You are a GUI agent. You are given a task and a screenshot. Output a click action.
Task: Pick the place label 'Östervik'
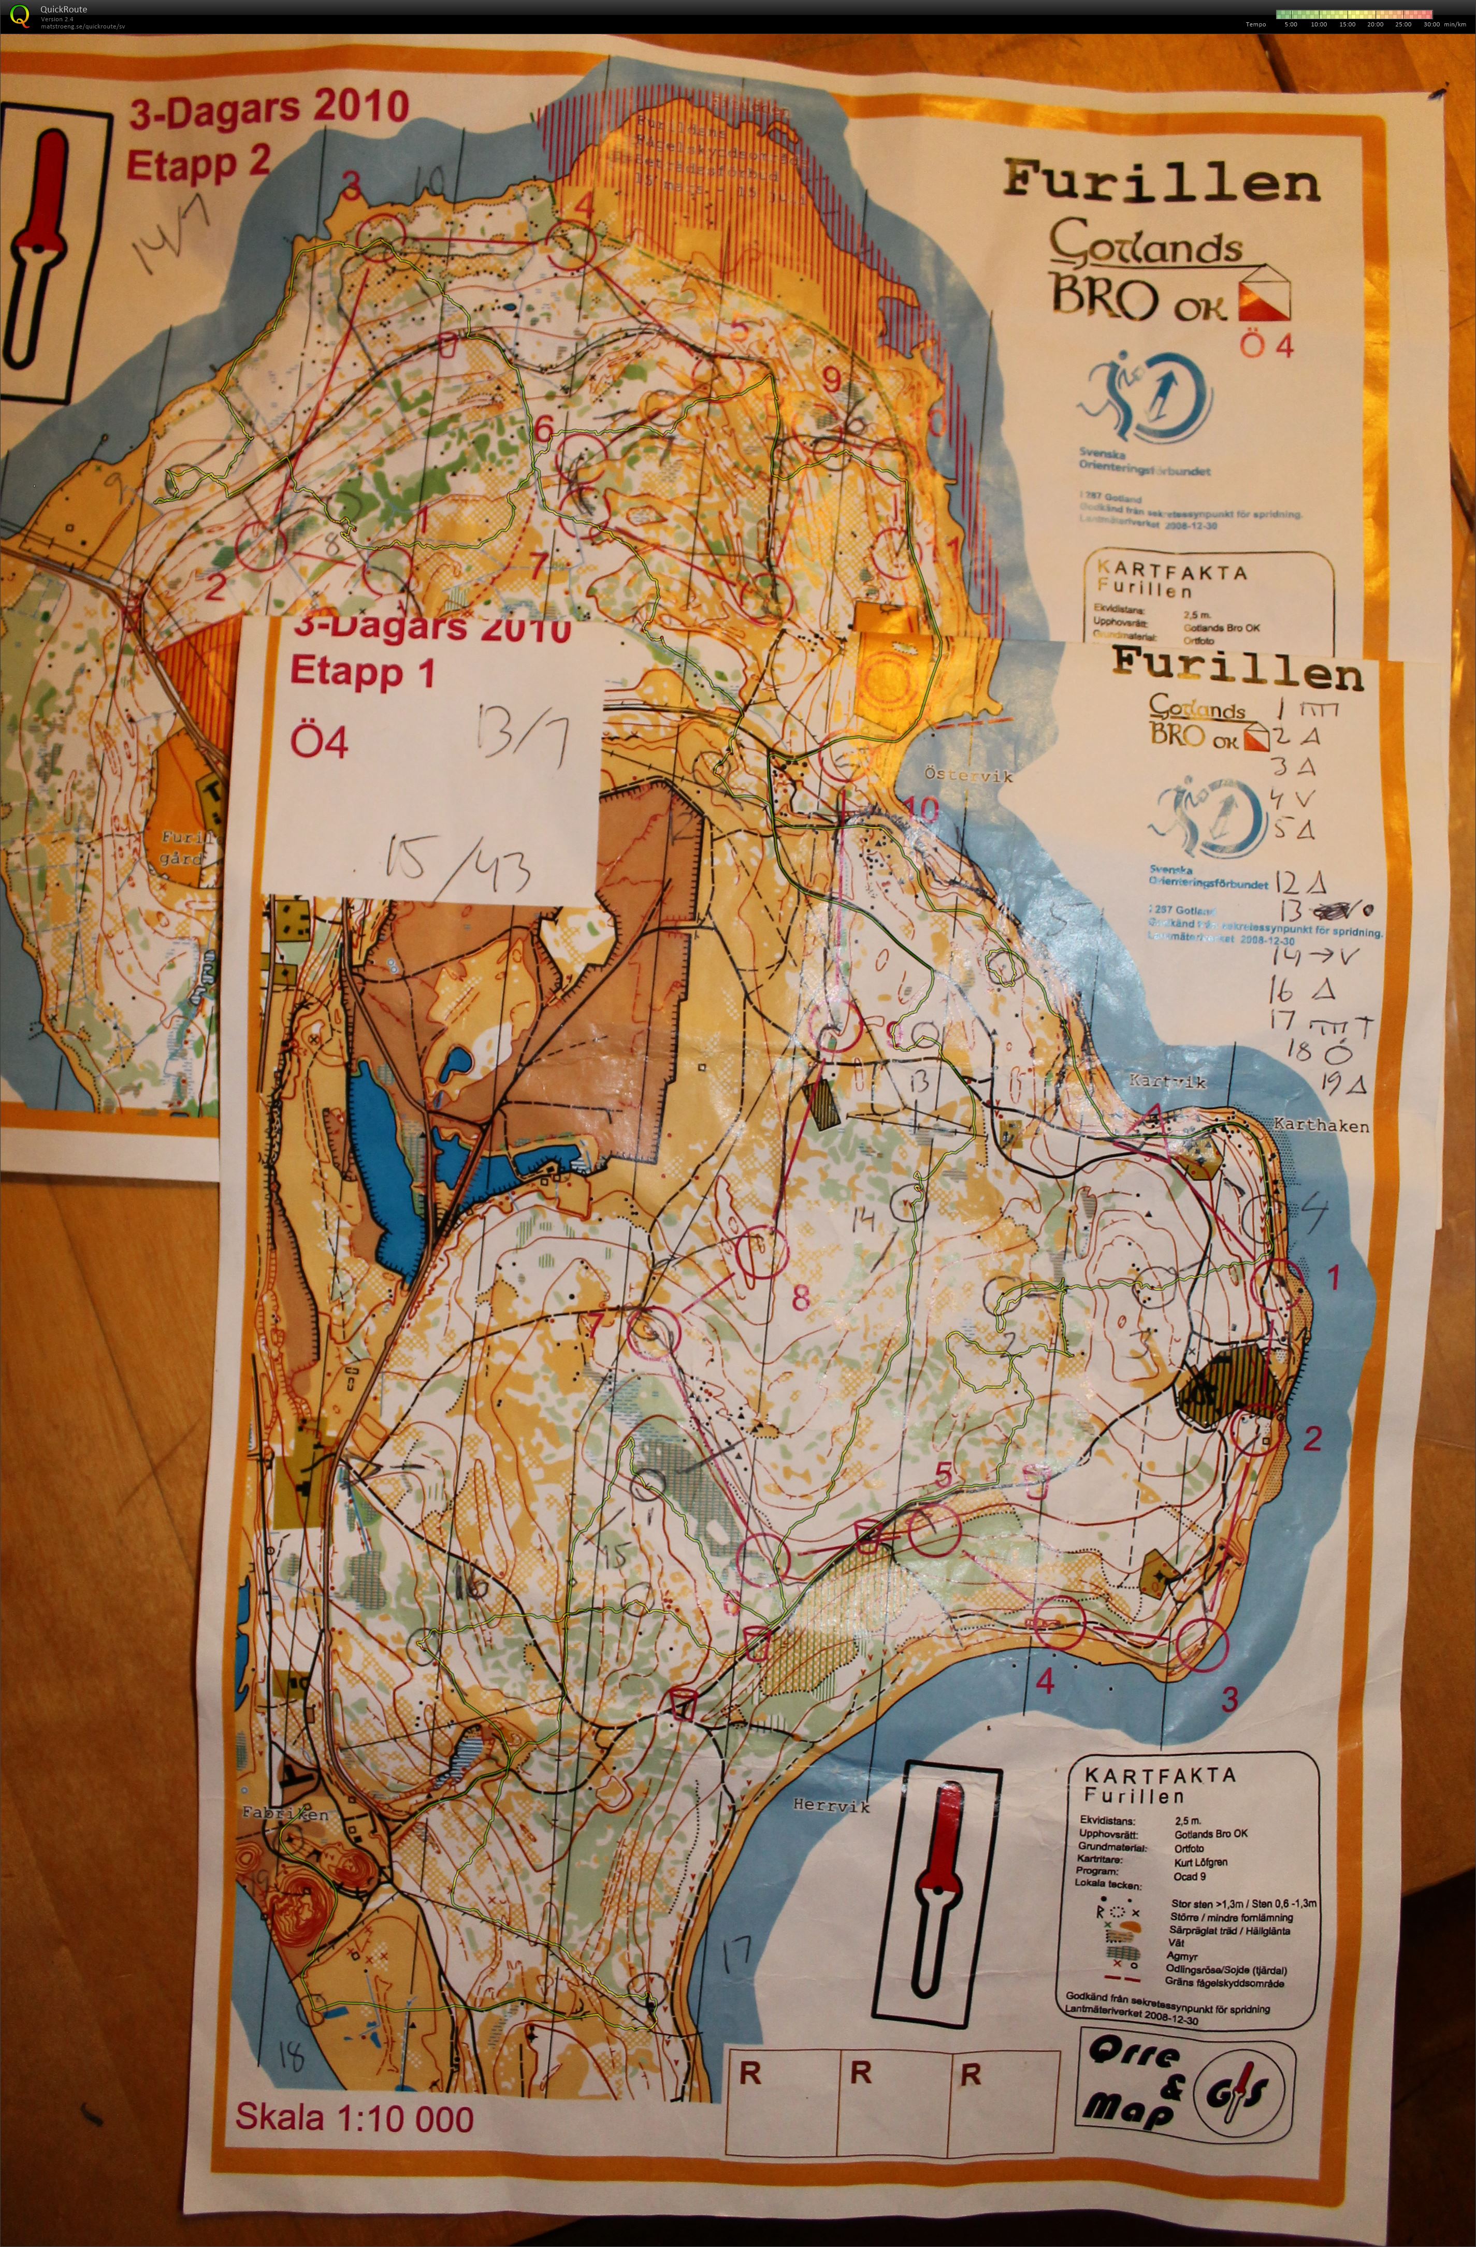[968, 776]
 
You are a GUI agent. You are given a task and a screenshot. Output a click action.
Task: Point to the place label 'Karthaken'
[1321, 1125]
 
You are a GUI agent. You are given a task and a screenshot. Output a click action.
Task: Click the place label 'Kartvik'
[1168, 1082]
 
